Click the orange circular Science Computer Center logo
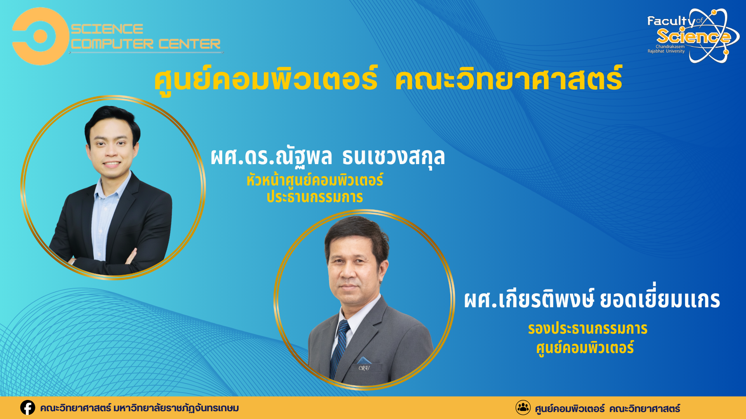[40, 36]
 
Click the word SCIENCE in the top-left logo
[107, 29]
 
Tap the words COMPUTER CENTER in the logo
[146, 44]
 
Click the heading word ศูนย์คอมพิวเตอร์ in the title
[266, 79]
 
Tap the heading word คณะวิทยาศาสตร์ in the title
[509, 79]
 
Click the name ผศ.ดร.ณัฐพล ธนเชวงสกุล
[328, 157]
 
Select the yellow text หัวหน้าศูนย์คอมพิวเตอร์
[315, 180]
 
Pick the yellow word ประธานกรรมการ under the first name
[315, 197]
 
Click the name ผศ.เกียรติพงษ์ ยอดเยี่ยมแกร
[592, 299]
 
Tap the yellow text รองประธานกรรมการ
[587, 329]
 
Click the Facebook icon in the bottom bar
[28, 408]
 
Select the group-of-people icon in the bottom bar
[523, 408]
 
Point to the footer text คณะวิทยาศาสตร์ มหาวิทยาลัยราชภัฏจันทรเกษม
[139, 408]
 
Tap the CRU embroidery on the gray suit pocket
[364, 368]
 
